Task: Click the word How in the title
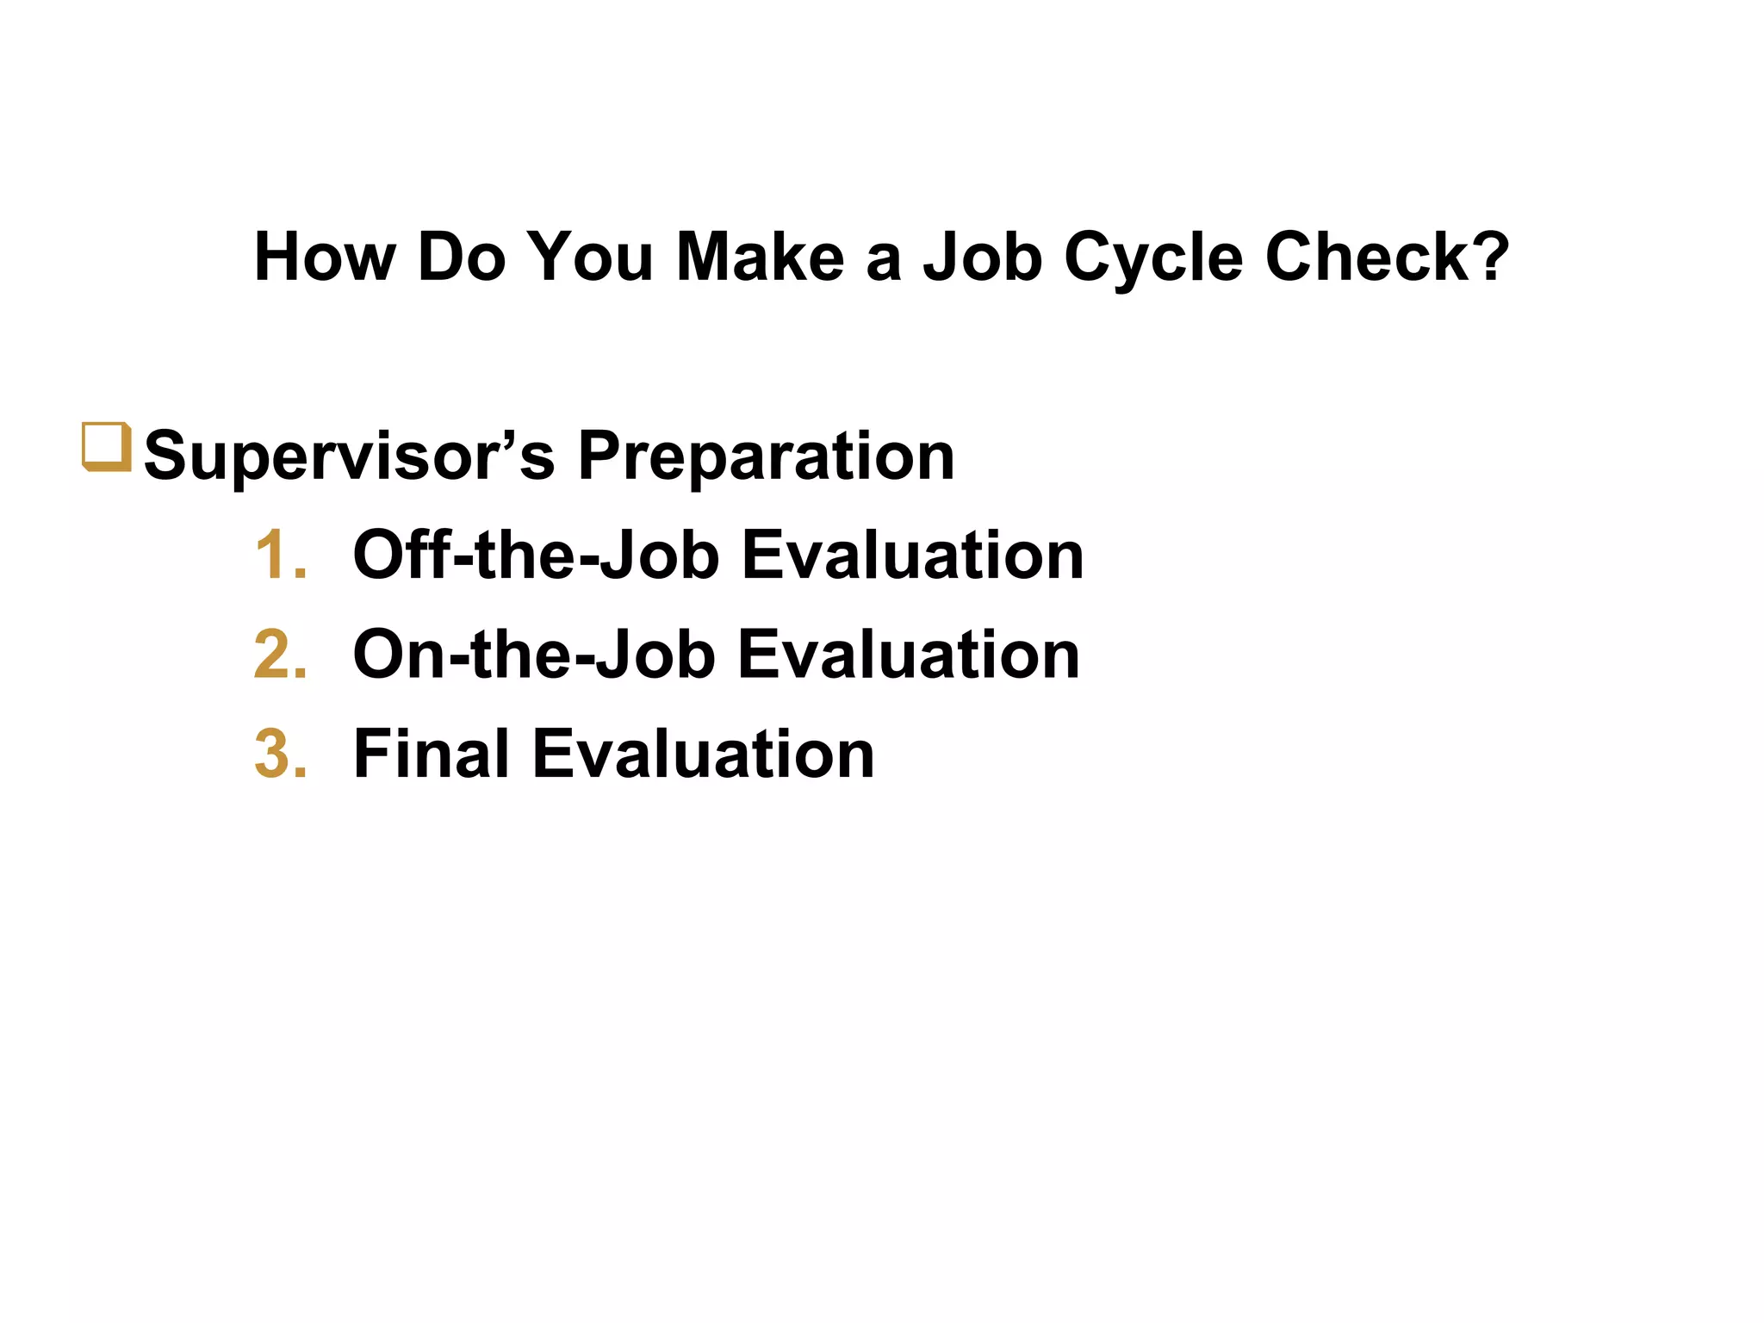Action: tap(325, 257)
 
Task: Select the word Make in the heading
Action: tap(760, 257)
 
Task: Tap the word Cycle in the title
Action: tap(1153, 258)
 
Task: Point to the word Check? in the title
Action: tap(1387, 257)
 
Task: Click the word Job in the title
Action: tap(983, 257)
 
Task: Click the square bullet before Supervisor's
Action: tap(106, 446)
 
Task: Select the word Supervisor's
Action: tap(349, 457)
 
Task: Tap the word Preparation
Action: tap(766, 457)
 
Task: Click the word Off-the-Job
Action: tap(536, 556)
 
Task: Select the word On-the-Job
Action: tap(534, 655)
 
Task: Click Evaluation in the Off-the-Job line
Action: tap(912, 556)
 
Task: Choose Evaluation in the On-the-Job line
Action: tap(909, 655)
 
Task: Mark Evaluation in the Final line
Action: tap(704, 754)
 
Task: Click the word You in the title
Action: tap(590, 257)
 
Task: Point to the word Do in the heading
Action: tap(461, 257)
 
